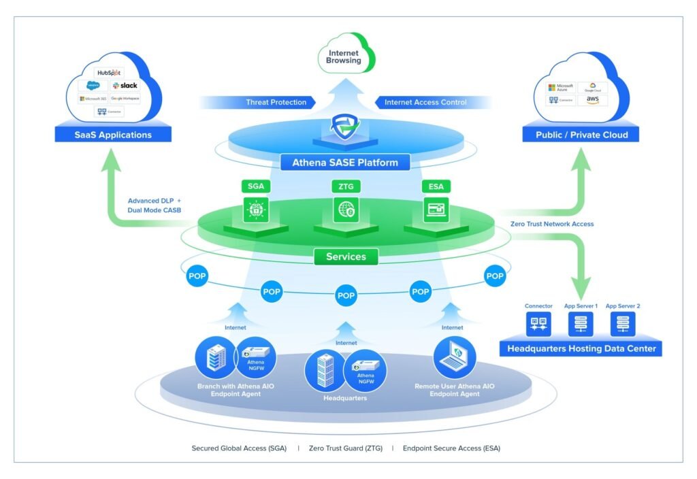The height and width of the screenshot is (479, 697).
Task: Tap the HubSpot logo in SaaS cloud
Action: (110, 72)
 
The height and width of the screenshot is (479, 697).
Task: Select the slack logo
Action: (125, 86)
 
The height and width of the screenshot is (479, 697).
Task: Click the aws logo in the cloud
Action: (592, 100)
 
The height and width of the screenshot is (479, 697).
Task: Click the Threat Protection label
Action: (276, 102)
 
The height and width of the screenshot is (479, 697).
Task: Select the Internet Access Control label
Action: (425, 102)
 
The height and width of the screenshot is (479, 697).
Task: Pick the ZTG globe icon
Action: (344, 208)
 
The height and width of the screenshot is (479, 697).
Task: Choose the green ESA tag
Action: (435, 186)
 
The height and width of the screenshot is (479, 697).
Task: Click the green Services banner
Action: (346, 257)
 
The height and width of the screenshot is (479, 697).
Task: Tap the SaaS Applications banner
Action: (113, 135)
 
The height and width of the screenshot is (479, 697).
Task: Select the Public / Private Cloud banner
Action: (582, 135)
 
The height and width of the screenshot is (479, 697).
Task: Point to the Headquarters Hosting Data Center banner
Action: (581, 349)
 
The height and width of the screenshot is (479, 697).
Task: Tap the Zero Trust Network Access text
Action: (551, 224)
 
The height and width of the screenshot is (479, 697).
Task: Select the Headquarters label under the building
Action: (345, 398)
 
